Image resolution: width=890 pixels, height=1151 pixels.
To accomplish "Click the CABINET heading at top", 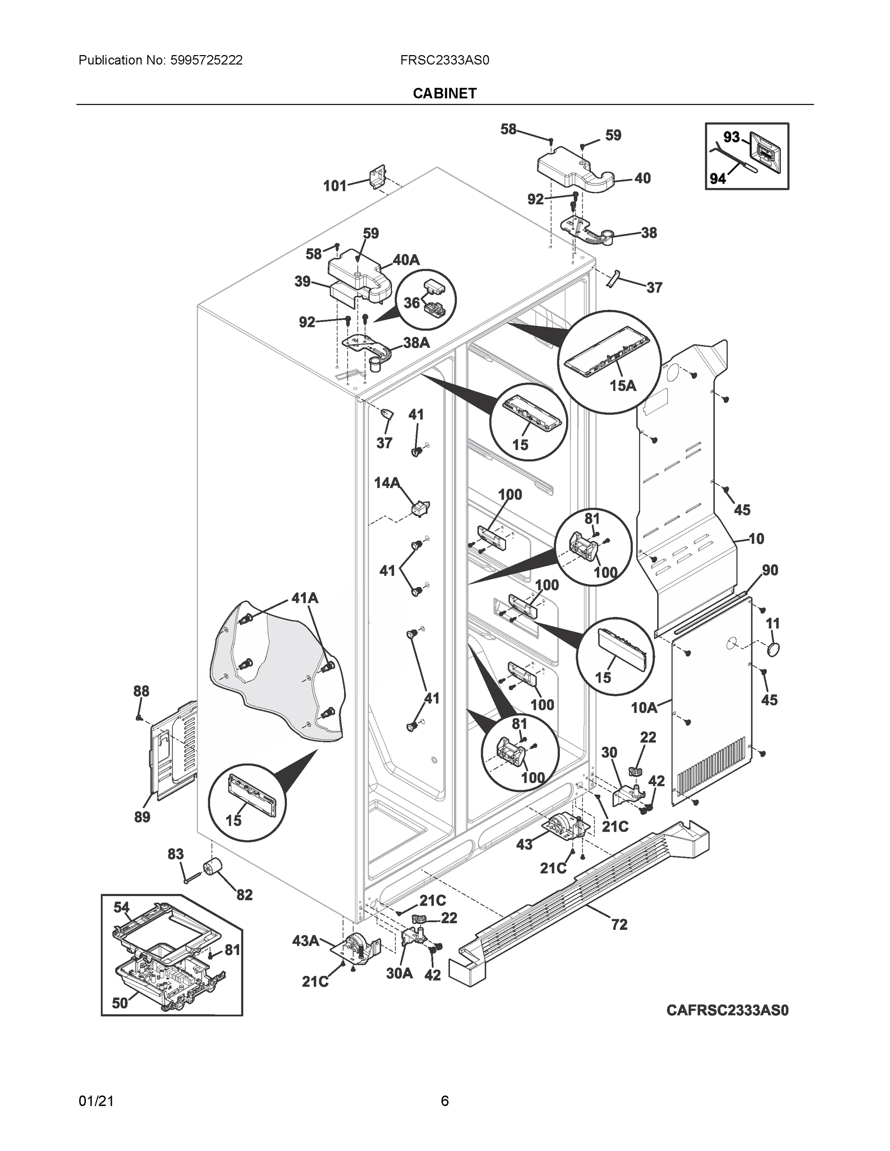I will point(444,94).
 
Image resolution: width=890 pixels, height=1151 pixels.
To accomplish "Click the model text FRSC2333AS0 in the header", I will point(444,60).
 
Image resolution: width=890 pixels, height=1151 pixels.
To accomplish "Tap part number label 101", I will point(335,186).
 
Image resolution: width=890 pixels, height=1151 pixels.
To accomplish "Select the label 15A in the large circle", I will point(623,386).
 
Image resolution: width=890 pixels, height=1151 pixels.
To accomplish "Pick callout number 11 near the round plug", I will point(772,623).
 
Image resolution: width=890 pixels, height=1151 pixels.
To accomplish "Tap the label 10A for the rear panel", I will point(644,708).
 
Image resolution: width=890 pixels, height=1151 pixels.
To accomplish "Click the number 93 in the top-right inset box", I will point(731,137).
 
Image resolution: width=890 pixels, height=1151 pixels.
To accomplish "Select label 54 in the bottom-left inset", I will point(121,907).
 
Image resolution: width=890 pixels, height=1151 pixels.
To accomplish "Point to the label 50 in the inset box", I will point(119,1003).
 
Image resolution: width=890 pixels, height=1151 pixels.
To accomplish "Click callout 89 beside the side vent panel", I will point(142,817).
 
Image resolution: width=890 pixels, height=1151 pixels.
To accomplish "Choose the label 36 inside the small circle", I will point(412,303).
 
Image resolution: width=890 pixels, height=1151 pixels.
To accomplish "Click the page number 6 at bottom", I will point(444,1101).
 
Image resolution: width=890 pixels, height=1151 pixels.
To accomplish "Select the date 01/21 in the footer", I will point(96,1101).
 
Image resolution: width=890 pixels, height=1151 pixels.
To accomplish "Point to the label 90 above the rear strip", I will point(770,570).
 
